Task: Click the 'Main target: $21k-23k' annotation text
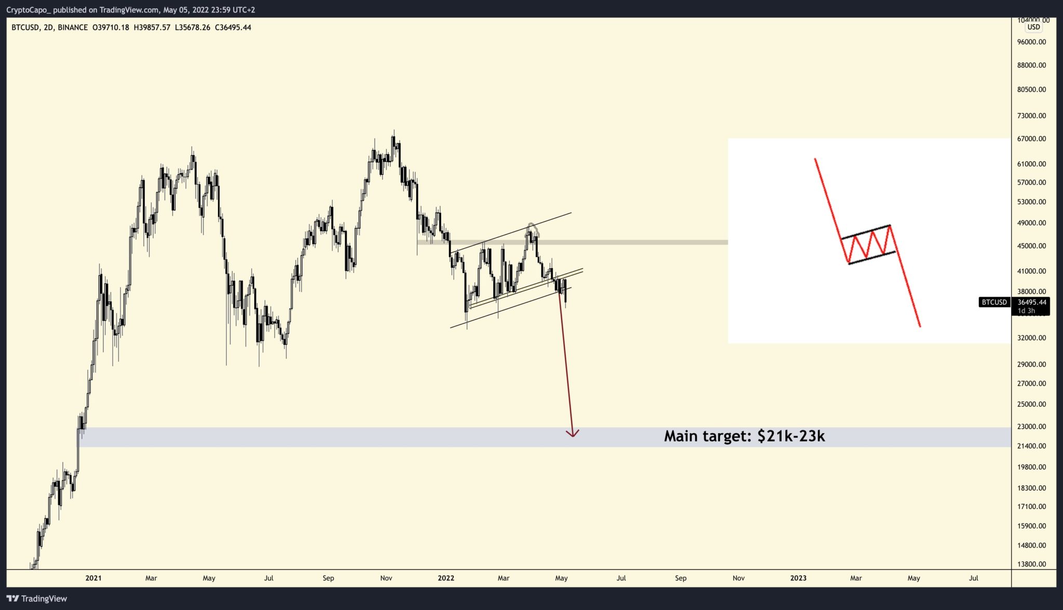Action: [744, 436]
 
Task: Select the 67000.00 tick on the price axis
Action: [1031, 139]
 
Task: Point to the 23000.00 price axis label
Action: [1031, 427]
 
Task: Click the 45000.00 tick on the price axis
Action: [1031, 246]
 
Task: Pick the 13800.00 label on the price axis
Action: [1031, 564]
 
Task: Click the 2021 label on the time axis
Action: [93, 578]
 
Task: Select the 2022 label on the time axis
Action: [446, 578]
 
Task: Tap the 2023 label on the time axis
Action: [798, 578]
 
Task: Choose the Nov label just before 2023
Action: [739, 578]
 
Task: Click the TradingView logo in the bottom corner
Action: [37, 599]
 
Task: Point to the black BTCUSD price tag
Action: [994, 302]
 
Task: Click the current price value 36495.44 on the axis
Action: [1032, 302]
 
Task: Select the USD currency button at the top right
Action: [1033, 27]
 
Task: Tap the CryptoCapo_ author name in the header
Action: [29, 10]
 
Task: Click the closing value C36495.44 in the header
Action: [233, 27]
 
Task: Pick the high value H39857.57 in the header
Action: [152, 27]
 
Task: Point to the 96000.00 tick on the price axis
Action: [1031, 42]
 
